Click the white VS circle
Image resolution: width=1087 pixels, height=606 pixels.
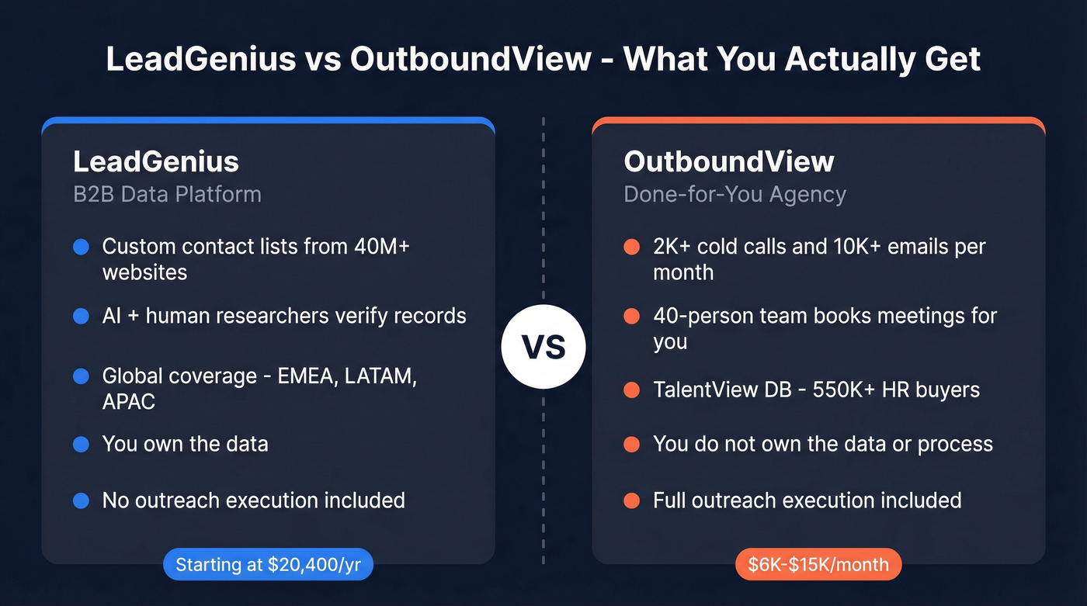[x=543, y=347]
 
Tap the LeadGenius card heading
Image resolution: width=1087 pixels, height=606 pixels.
[x=156, y=161]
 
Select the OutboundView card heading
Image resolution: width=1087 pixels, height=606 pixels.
[x=729, y=161]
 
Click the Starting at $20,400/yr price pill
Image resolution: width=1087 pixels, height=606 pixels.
[x=268, y=565]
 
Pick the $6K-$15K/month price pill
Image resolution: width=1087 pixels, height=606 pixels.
[x=818, y=565]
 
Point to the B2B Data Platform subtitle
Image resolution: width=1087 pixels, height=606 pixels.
[x=167, y=193]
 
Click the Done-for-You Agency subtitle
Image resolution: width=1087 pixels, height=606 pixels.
[x=735, y=193]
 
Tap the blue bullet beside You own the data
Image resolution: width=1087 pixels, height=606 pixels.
[x=81, y=445]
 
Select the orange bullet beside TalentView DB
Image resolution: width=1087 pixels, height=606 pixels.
[x=631, y=390]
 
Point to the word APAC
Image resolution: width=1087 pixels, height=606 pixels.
[x=129, y=401]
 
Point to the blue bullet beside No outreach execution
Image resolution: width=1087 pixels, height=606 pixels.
[x=81, y=500]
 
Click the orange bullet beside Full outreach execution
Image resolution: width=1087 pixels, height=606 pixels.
[x=631, y=500]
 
